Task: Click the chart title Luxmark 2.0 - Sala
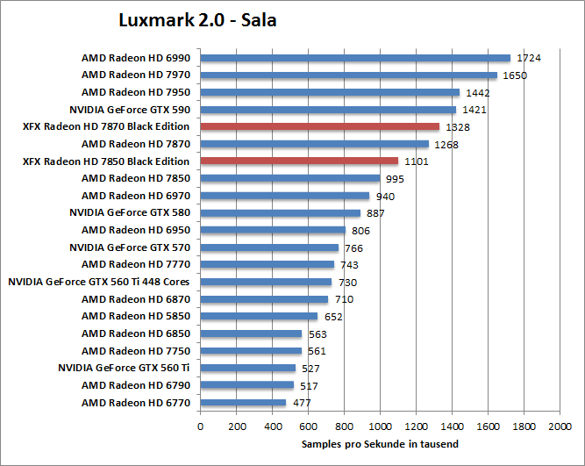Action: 197,19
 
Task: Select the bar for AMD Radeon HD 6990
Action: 355,58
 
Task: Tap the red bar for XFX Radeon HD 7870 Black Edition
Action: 319,126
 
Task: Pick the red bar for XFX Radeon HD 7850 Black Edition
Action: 299,161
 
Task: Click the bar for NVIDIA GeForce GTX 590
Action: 328,110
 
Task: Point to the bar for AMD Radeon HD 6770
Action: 243,403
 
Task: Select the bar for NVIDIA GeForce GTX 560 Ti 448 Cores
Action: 266,282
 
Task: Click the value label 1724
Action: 529,59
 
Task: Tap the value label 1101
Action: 417,161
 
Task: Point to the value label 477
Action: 301,404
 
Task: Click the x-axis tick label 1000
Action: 380,427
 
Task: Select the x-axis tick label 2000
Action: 560,427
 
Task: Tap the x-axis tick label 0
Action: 201,427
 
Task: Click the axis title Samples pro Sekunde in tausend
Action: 380,445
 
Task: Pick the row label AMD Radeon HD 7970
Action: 135,75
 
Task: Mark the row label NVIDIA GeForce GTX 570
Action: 129,247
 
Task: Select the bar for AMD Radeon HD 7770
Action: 268,264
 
